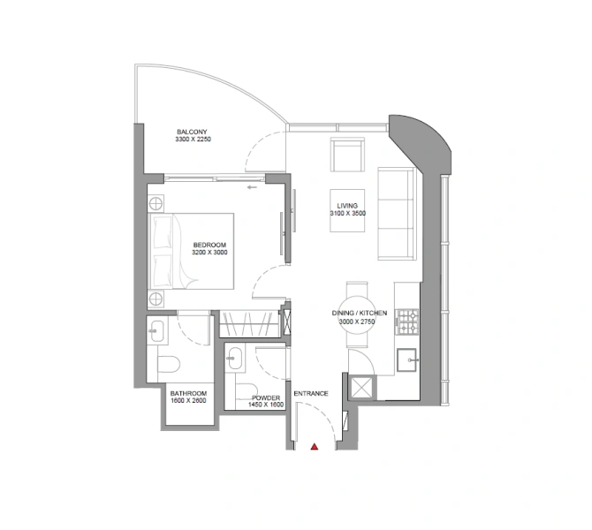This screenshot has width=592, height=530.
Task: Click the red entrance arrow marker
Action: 313,447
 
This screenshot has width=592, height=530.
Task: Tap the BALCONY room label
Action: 191,131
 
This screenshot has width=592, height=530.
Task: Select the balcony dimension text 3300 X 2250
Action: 194,140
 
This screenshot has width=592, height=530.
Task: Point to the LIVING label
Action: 346,205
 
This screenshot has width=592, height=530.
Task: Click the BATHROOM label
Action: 188,393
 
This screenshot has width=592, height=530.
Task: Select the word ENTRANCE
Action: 311,393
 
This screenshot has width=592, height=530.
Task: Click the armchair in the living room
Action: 347,155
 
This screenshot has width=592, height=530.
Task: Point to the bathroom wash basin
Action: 156,331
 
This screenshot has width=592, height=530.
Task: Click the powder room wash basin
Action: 234,358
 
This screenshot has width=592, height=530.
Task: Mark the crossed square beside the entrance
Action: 362,387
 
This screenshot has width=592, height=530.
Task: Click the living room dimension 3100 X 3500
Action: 346,214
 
